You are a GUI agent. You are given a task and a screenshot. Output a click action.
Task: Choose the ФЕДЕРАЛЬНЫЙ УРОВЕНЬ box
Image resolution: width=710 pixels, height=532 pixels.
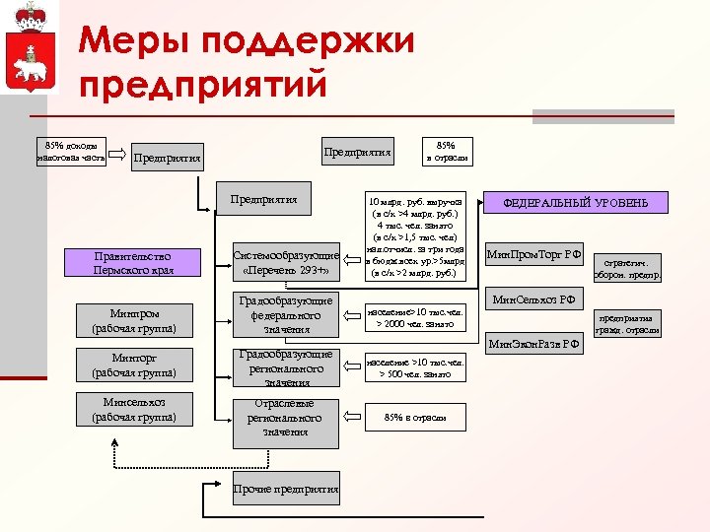pyautogui.click(x=576, y=203)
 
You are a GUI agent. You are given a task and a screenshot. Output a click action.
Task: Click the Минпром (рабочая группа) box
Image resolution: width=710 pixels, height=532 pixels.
pyautogui.click(x=133, y=320)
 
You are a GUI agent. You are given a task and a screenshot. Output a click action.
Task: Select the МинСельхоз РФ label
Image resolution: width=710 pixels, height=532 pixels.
pyautogui.click(x=532, y=299)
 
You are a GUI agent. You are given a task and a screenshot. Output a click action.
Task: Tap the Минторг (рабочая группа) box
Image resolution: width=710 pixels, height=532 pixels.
pyautogui.click(x=133, y=366)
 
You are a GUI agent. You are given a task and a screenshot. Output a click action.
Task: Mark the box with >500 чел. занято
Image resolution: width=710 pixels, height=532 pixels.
pyautogui.click(x=414, y=367)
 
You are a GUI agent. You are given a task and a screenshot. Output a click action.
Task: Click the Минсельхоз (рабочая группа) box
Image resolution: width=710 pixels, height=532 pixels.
pyautogui.click(x=133, y=410)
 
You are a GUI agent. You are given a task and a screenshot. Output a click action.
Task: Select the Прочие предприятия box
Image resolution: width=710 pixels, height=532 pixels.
pyautogui.click(x=286, y=490)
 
